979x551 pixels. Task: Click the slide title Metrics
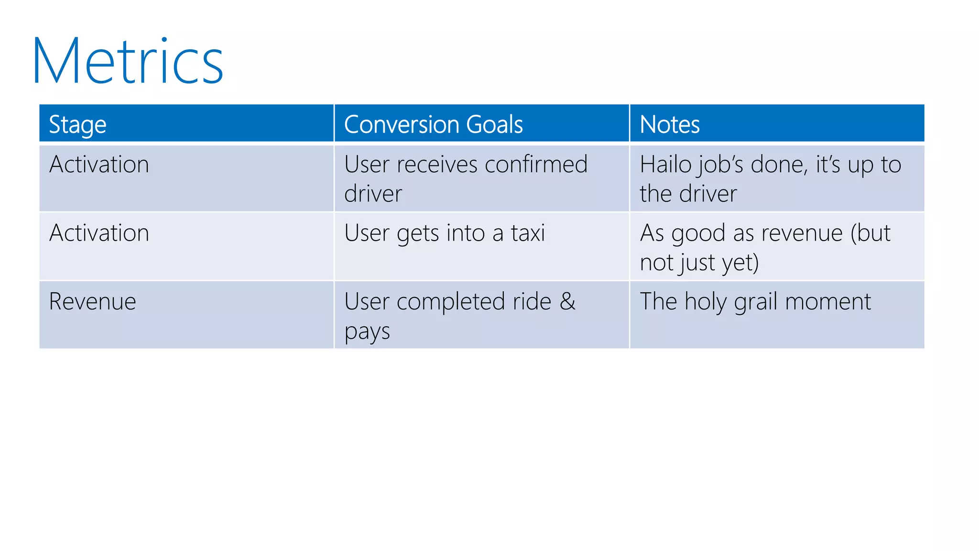(128, 62)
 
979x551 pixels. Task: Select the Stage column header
(77, 125)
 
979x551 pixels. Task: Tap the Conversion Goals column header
(433, 124)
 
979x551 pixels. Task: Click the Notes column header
(669, 124)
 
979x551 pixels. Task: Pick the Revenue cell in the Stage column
(92, 302)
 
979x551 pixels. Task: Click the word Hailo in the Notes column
(665, 165)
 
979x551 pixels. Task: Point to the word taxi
(528, 233)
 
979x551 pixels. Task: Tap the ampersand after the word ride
(568, 302)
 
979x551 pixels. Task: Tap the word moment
(828, 302)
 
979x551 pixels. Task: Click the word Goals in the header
(494, 124)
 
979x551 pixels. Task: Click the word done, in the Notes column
(779, 165)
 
